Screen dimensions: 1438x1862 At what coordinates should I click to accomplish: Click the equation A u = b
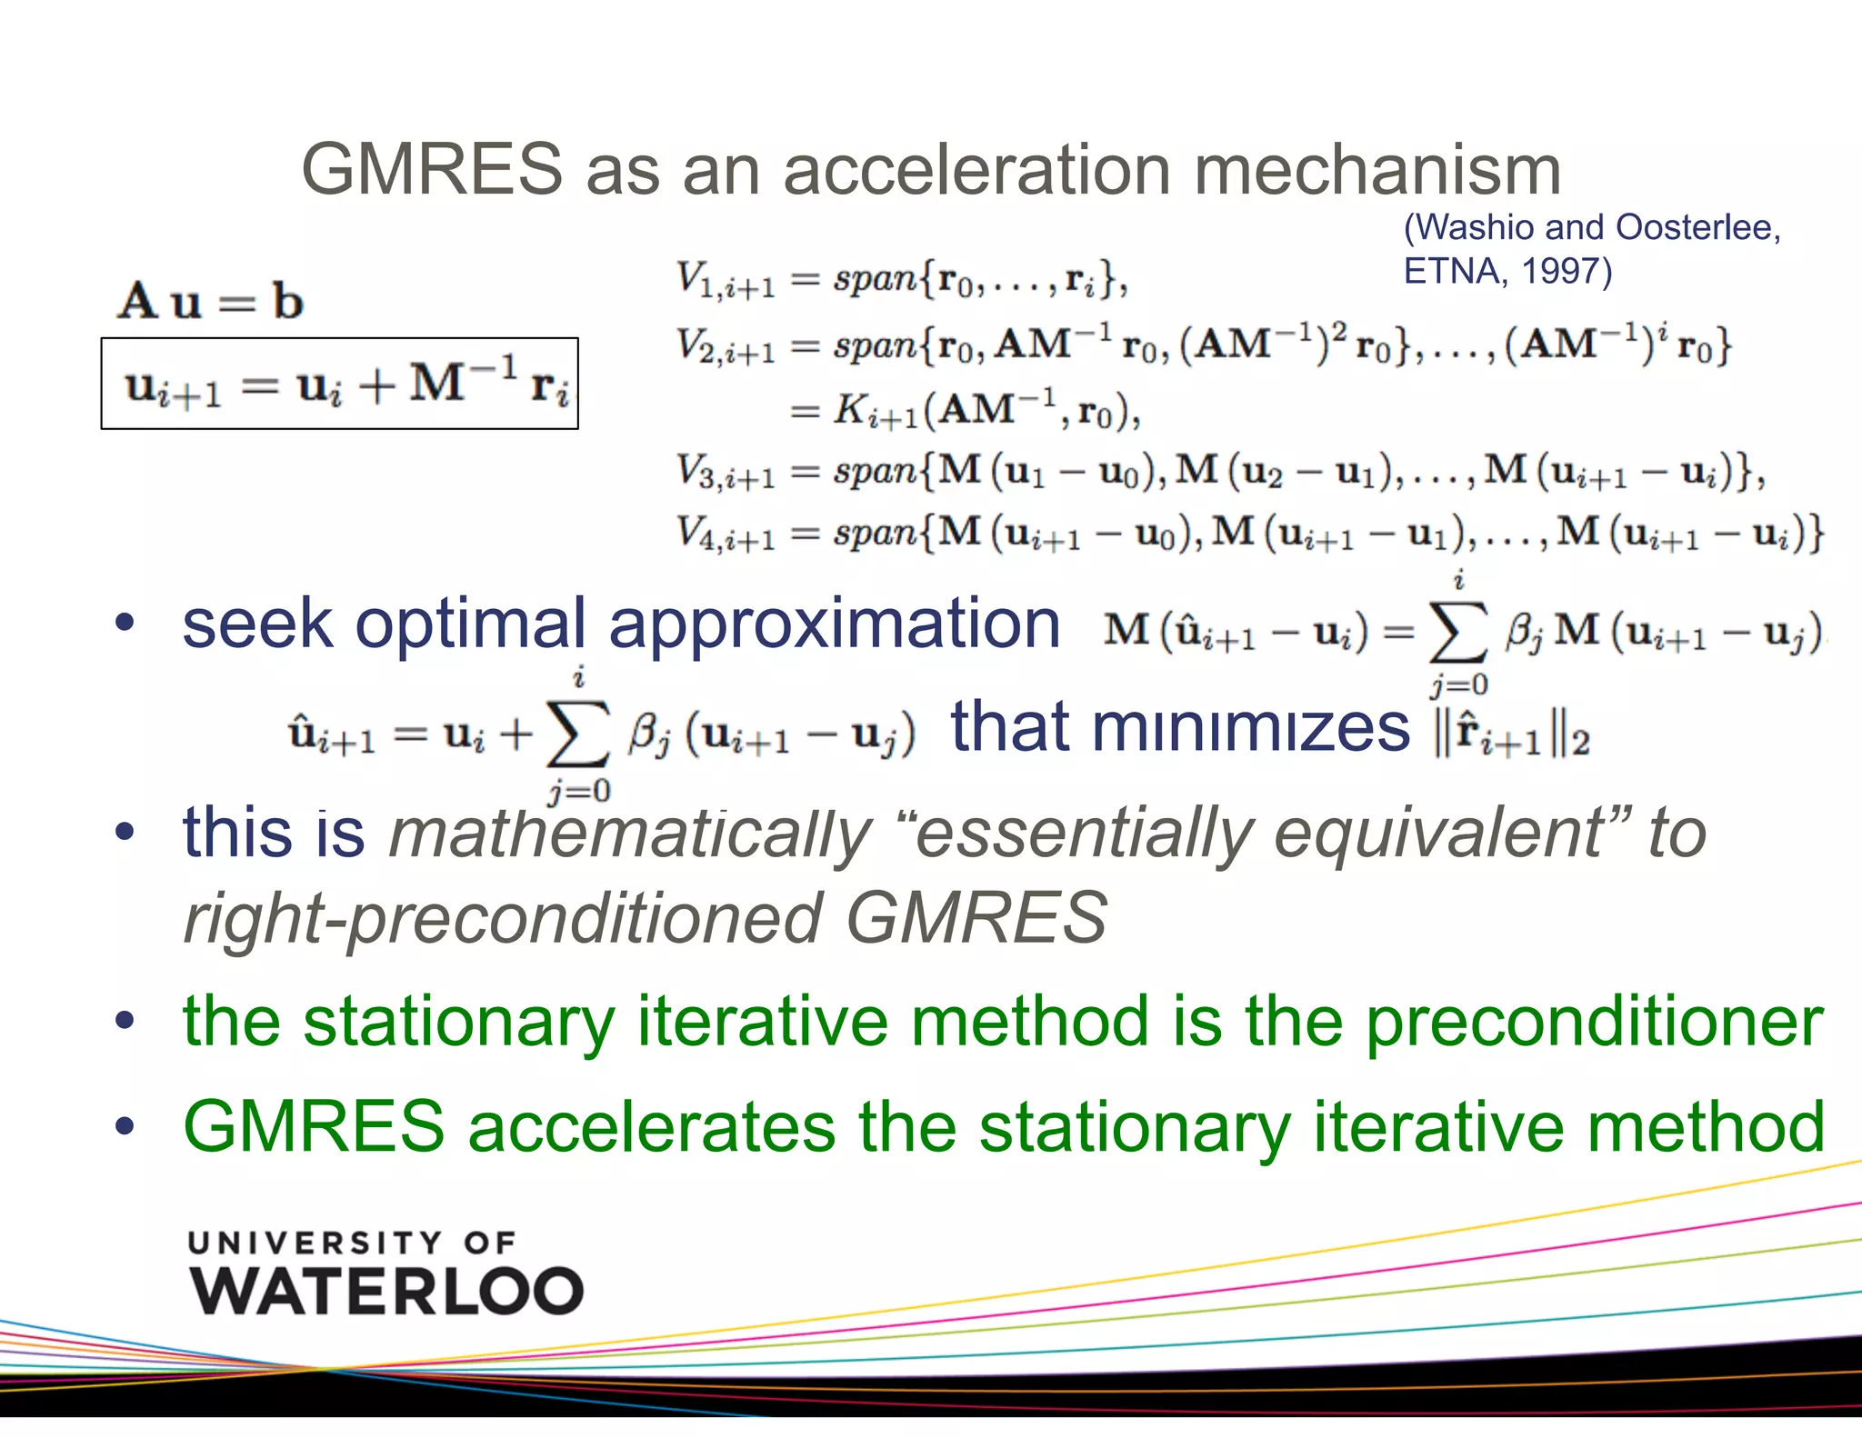[x=210, y=301]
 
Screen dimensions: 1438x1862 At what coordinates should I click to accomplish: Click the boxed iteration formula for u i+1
[x=339, y=384]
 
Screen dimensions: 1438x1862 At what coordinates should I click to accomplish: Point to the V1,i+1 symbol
[x=725, y=279]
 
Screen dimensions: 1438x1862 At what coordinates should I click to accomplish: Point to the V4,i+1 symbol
[x=725, y=534]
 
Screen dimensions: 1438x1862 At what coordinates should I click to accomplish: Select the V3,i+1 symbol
[x=725, y=472]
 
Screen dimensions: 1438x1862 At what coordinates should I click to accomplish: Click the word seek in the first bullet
[x=257, y=624]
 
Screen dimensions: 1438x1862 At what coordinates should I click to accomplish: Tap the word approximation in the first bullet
[x=834, y=624]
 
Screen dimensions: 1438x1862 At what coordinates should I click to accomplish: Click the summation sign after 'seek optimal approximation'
[x=1457, y=632]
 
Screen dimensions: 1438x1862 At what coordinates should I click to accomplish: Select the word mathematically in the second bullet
[x=630, y=833]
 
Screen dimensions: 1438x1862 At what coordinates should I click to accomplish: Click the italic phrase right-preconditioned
[x=503, y=918]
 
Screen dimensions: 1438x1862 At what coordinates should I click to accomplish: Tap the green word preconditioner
[x=1594, y=1022]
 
